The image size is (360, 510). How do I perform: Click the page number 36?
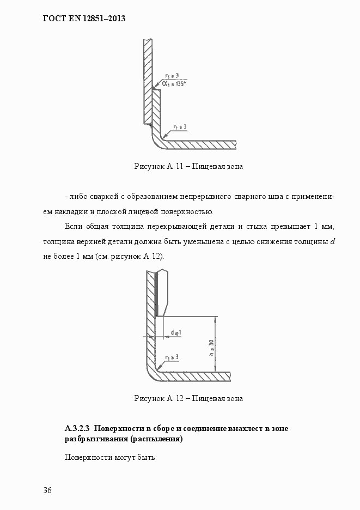(x=47, y=490)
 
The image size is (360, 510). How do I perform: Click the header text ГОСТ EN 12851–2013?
(x=84, y=19)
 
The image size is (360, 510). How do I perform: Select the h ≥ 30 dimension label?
(x=211, y=347)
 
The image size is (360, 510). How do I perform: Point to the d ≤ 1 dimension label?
(x=175, y=332)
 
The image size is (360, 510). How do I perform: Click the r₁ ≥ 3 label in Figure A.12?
(x=173, y=356)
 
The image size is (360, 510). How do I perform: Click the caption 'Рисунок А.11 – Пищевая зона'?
(x=188, y=166)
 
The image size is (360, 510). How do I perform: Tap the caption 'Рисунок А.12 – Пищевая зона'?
(x=188, y=398)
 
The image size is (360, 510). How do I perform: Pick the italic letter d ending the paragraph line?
(x=332, y=241)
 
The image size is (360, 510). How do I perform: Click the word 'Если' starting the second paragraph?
(x=73, y=226)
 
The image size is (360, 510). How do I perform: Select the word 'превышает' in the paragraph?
(x=285, y=226)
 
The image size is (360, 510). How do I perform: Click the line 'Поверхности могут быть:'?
(x=111, y=457)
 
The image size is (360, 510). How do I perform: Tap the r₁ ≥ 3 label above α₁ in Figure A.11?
(x=175, y=76)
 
